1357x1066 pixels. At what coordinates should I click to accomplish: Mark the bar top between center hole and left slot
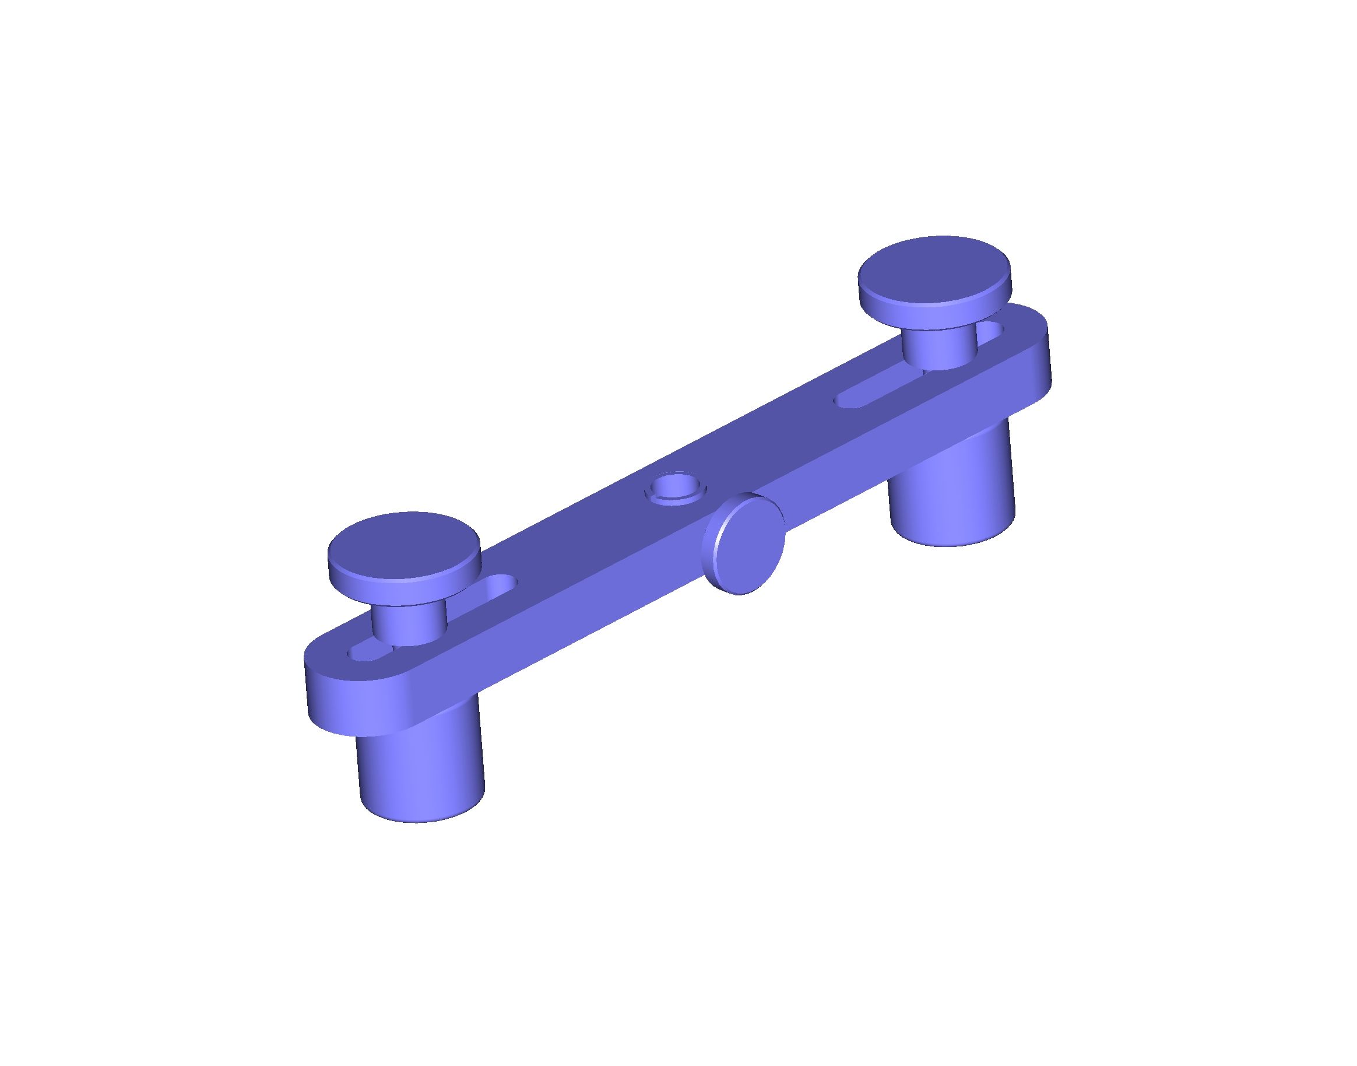pyautogui.click(x=580, y=536)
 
